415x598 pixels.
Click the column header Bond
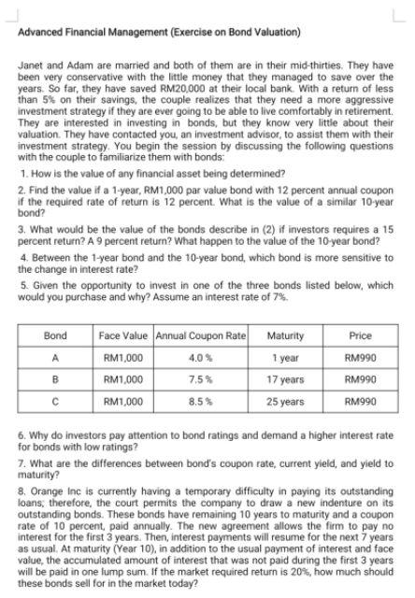click(56, 335)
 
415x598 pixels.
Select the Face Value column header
click(124, 335)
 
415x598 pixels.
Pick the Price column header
click(360, 335)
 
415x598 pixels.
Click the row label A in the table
click(56, 357)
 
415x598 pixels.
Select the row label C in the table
click(56, 401)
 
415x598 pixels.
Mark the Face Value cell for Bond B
click(124, 379)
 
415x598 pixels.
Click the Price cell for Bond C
click(360, 401)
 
